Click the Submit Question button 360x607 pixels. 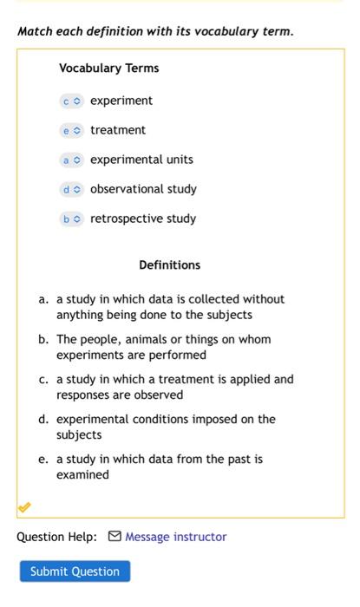(x=75, y=571)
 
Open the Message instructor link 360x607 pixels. (x=175, y=537)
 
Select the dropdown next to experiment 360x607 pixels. (x=71, y=101)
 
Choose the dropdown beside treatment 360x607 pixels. (x=71, y=130)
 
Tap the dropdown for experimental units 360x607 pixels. (x=71, y=160)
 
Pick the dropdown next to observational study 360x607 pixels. (x=71, y=189)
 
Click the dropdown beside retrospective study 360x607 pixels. (x=71, y=219)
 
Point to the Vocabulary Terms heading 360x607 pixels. (x=108, y=68)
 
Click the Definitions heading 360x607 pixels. (x=169, y=265)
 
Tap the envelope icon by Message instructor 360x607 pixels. (x=115, y=537)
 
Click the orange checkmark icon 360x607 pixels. (x=24, y=506)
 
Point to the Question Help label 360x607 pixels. (x=56, y=537)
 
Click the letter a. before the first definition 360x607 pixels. (x=43, y=299)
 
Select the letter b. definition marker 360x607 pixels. (x=43, y=339)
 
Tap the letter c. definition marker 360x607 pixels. (x=43, y=379)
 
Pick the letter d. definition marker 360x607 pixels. (x=43, y=419)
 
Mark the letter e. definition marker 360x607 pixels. (x=43, y=459)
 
